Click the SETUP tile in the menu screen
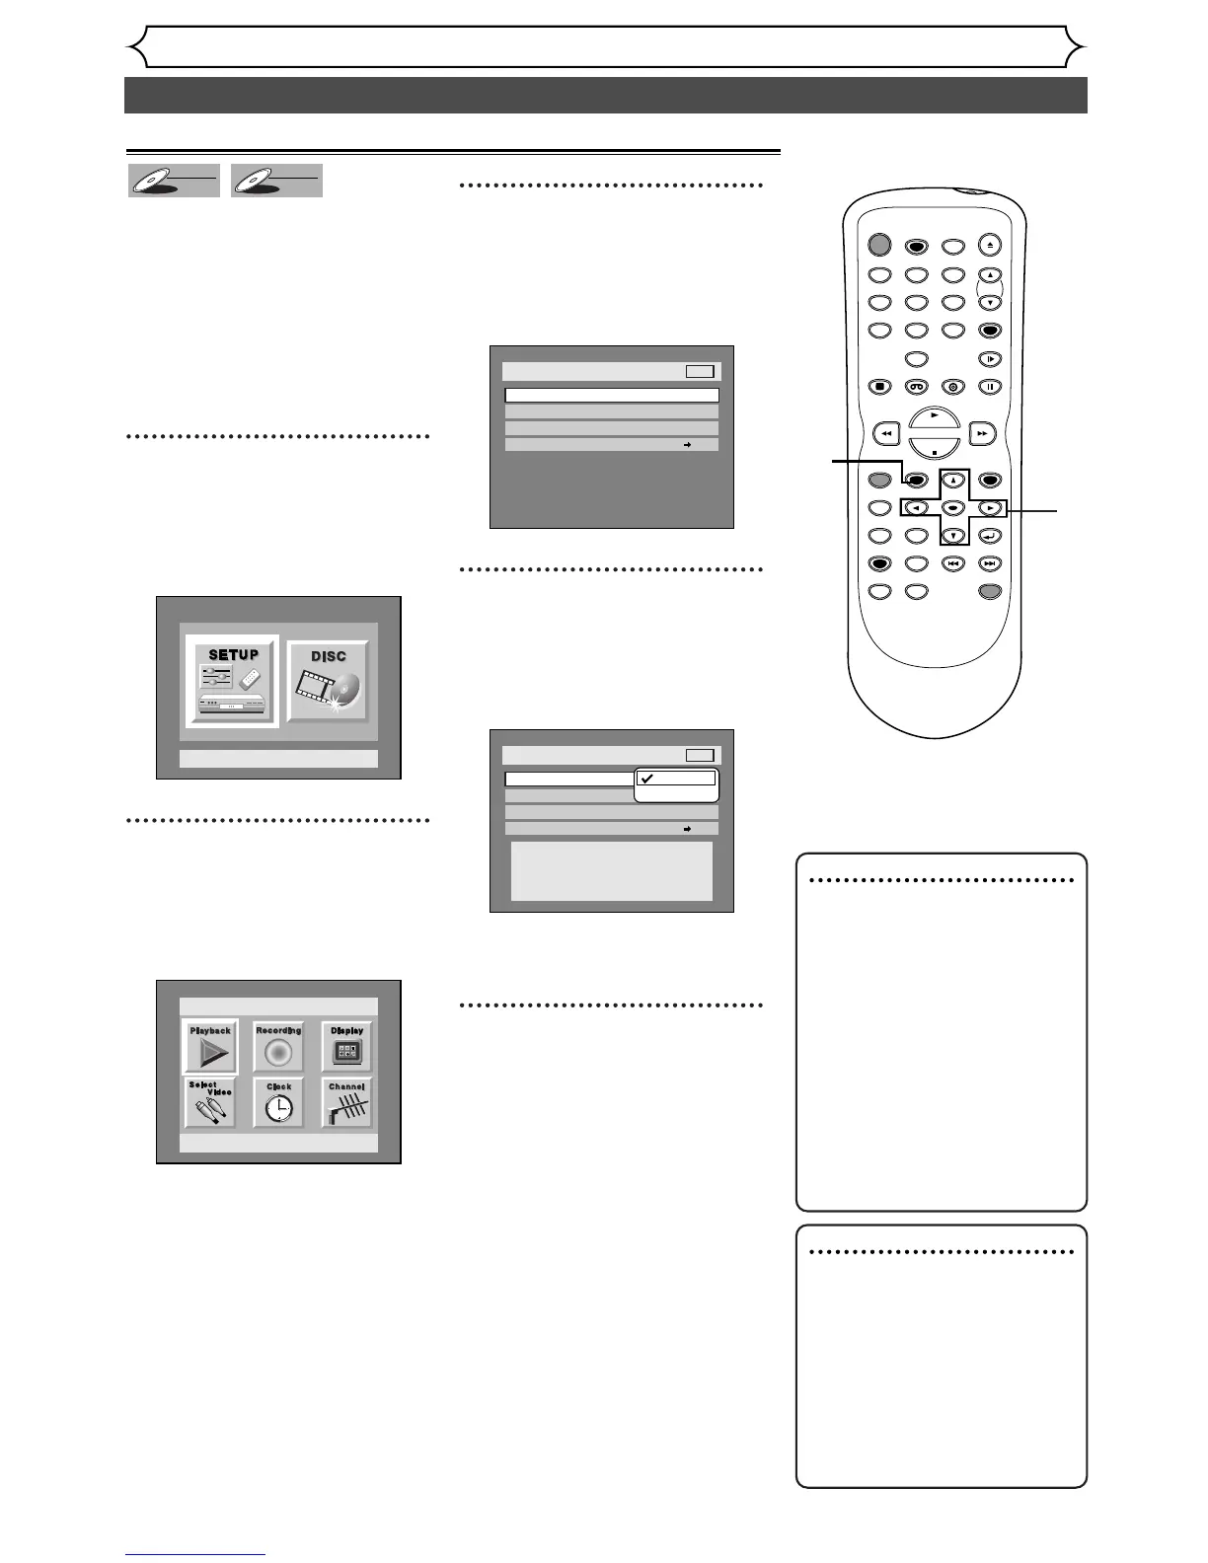click(x=234, y=681)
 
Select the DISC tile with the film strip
click(x=329, y=681)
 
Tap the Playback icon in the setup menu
click(x=210, y=1048)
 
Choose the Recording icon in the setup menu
click(x=278, y=1048)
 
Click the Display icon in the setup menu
click(x=347, y=1048)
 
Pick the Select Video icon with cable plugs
click(x=210, y=1103)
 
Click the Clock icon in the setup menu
click(x=278, y=1103)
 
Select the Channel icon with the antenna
click(x=347, y=1103)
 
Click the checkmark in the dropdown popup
click(x=646, y=778)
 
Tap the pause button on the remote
click(x=990, y=387)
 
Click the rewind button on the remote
click(x=887, y=433)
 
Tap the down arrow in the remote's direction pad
click(x=953, y=536)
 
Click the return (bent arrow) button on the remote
click(x=990, y=536)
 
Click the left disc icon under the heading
click(x=174, y=181)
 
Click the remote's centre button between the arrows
click(x=953, y=508)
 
